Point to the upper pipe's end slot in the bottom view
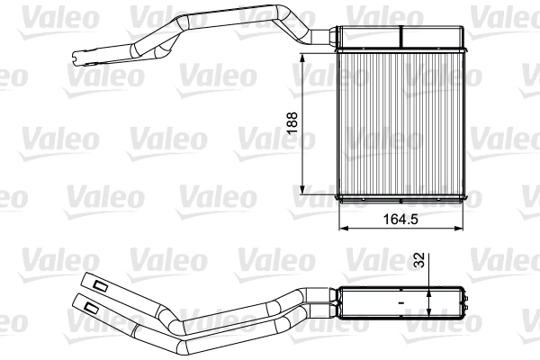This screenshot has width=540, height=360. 99,285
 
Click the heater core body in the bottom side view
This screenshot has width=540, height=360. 400,303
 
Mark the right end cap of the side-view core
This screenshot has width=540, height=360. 467,303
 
